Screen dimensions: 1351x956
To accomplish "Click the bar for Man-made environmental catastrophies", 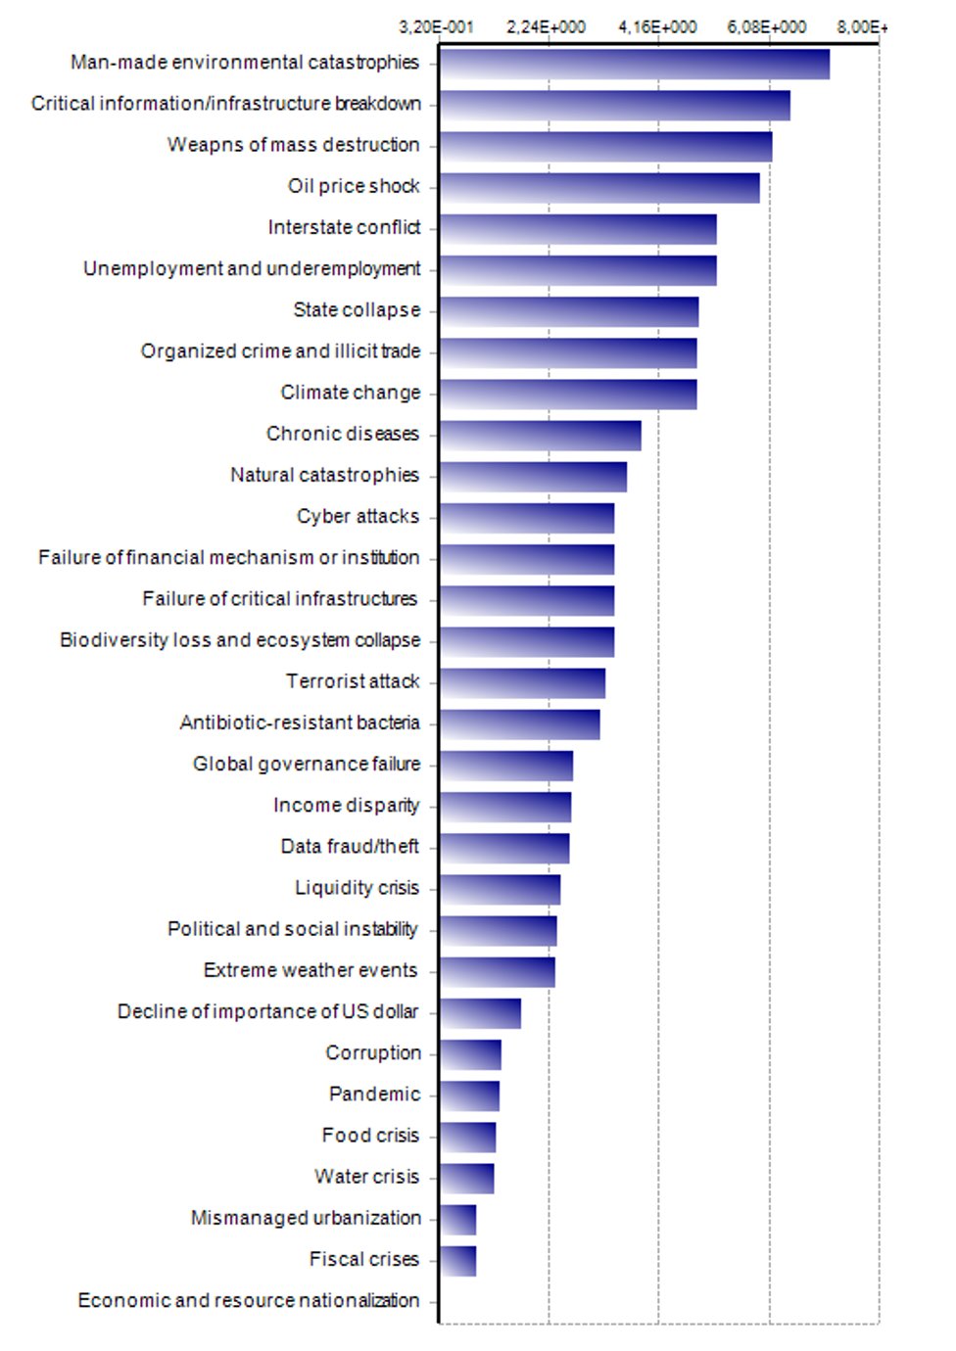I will tap(634, 65).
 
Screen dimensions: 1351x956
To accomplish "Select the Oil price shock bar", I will tap(598, 188).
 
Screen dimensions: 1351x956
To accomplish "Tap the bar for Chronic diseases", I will tap(540, 436).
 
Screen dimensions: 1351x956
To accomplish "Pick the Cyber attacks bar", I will tap(526, 518).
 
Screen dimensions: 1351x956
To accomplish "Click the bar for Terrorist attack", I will tap(522, 683).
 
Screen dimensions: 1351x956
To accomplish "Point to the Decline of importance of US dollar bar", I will tap(480, 1013).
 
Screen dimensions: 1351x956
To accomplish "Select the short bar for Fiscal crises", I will tap(457, 1261).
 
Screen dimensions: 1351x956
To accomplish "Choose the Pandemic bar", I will tap(469, 1095).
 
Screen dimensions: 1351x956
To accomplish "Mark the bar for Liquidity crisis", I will tap(500, 890).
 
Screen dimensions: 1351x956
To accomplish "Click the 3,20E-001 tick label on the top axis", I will tap(436, 26).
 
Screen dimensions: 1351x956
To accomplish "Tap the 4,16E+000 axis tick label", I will tap(657, 26).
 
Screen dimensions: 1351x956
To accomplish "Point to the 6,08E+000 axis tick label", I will tap(767, 26).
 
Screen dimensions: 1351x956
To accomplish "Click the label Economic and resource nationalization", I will tap(249, 1300).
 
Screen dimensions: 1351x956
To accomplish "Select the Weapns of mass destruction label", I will tap(294, 145).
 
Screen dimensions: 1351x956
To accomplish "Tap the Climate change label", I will tap(351, 393).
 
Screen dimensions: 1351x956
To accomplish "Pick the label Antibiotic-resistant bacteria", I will tap(300, 722).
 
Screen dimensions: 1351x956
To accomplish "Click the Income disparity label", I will tap(347, 805).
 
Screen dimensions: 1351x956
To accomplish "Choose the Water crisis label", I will tap(366, 1176).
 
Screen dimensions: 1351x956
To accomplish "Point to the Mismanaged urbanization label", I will tap(306, 1218).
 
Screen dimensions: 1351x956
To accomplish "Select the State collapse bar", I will tap(568, 312).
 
